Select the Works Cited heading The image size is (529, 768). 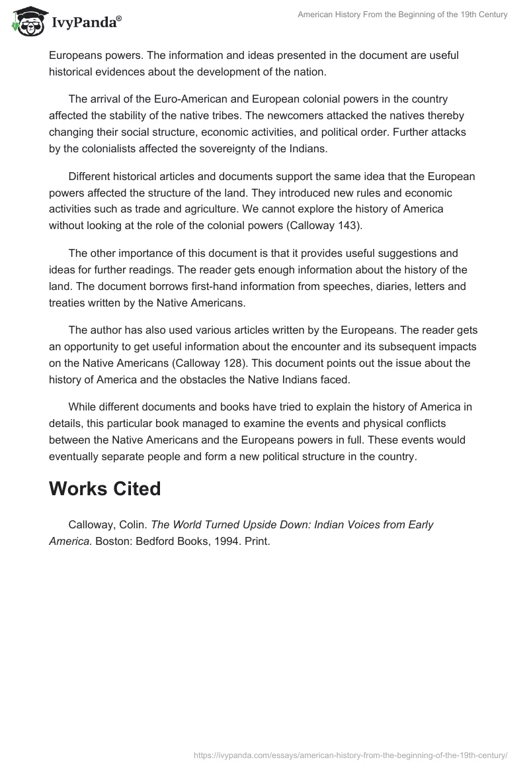[x=104, y=489]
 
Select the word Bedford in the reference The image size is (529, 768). [x=155, y=540]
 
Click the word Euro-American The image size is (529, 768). [x=188, y=100]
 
